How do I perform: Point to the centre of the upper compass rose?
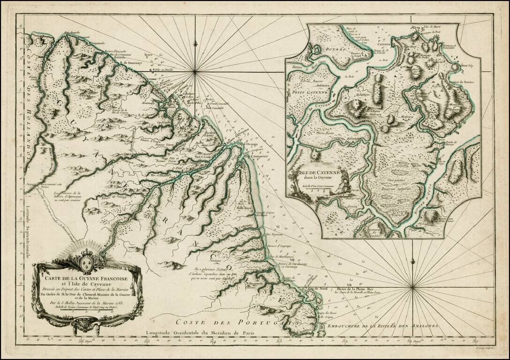(x=195, y=72)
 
